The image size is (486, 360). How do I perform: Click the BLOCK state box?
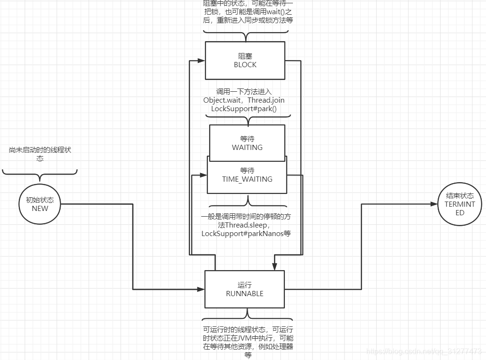click(245, 61)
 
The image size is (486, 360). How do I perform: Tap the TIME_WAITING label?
click(247, 179)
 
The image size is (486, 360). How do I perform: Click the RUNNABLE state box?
click(244, 289)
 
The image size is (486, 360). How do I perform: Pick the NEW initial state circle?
click(40, 204)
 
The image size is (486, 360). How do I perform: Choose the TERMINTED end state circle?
click(459, 204)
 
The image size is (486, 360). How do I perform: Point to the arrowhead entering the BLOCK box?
click(202, 61)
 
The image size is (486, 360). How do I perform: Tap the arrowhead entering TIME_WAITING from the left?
click(203, 175)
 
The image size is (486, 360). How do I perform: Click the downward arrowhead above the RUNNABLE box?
click(274, 266)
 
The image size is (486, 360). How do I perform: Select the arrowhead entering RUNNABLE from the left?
click(201, 289)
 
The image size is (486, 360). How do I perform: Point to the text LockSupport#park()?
click(244, 109)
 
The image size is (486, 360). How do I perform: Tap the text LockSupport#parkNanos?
click(239, 234)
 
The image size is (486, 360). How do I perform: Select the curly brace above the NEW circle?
click(40, 174)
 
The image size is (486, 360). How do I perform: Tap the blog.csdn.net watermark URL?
click(424, 351)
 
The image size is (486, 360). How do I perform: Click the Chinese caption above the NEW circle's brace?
click(40, 154)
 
